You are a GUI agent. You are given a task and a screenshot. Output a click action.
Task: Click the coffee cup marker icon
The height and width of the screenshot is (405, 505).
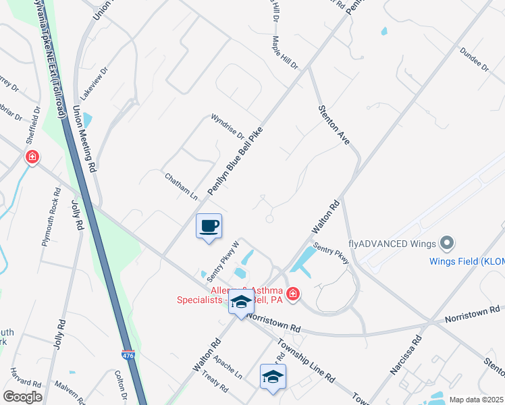(209, 226)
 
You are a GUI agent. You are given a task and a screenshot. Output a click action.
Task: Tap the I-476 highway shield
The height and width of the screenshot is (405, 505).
(128, 354)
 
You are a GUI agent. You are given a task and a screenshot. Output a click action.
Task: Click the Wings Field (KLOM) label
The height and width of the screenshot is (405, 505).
(467, 261)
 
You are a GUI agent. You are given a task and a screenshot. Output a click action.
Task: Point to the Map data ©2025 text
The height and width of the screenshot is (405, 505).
(475, 400)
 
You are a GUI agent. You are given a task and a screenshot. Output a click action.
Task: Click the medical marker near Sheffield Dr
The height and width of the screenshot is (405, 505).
(32, 158)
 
